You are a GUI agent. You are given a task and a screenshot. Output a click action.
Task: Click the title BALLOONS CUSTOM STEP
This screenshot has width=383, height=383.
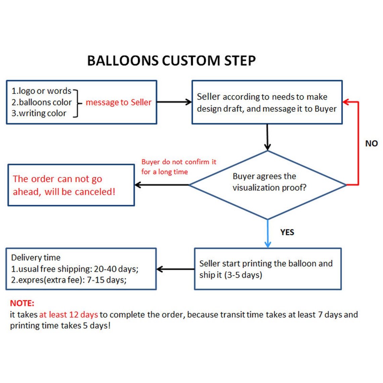[x=171, y=61]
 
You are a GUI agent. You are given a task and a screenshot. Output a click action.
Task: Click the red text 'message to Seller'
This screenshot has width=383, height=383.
[x=119, y=102]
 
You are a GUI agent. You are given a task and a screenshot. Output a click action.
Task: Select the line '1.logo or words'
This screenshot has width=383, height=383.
[x=41, y=91]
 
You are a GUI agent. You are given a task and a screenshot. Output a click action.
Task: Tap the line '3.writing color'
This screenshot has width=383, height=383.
[x=39, y=114]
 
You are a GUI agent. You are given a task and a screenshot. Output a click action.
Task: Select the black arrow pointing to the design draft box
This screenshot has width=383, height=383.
[x=174, y=102]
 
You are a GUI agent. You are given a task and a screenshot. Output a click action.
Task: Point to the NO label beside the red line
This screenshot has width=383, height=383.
[x=371, y=143]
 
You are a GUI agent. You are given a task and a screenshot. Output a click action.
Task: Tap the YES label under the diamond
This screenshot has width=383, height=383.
[x=287, y=232]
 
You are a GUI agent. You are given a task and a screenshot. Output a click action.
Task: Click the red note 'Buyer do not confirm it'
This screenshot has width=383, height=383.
[x=179, y=162]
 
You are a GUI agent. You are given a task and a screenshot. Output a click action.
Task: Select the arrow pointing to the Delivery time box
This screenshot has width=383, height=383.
[x=175, y=269]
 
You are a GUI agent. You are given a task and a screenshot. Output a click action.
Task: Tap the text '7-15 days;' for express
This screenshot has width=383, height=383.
[x=107, y=280]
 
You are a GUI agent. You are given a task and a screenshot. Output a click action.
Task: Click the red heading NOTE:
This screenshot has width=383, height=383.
[x=22, y=303]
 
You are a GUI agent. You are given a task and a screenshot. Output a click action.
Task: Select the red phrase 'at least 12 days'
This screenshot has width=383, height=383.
[x=69, y=315]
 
